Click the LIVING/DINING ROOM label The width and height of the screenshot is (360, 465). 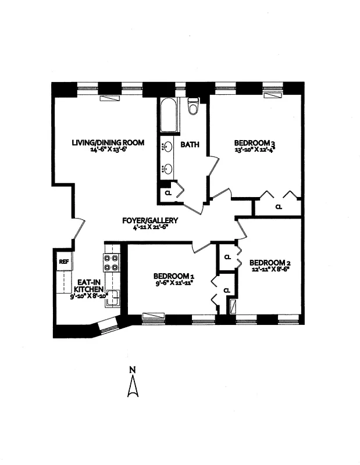[108, 142]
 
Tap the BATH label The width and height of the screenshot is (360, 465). [190, 144]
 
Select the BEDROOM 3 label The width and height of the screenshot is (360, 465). [254, 143]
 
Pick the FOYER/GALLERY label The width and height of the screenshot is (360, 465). [149, 220]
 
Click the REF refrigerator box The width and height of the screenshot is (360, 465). [63, 262]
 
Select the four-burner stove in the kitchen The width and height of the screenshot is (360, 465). [111, 263]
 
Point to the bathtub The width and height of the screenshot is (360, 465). [169, 115]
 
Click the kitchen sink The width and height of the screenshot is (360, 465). [115, 296]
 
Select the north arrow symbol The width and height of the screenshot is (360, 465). [133, 387]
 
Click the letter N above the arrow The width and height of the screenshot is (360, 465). [133, 370]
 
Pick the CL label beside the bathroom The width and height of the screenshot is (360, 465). [168, 192]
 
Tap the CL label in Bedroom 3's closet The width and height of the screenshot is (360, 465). [279, 206]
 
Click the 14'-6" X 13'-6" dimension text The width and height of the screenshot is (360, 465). [108, 149]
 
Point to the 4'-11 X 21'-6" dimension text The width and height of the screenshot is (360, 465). [149, 227]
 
